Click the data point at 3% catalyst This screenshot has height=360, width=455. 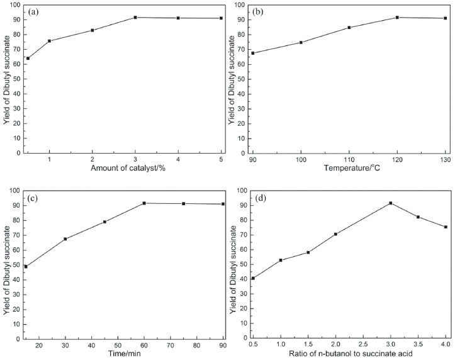[x=135, y=18]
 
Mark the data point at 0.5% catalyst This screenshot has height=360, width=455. [x=28, y=58]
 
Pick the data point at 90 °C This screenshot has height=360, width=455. [x=253, y=53]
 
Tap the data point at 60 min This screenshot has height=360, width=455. [x=144, y=203]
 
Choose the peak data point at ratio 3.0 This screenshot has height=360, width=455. [x=391, y=203]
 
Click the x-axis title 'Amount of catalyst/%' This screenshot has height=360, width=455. [x=124, y=171]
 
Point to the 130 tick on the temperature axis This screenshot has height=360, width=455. [x=445, y=160]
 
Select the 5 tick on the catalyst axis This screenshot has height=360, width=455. [x=221, y=160]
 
